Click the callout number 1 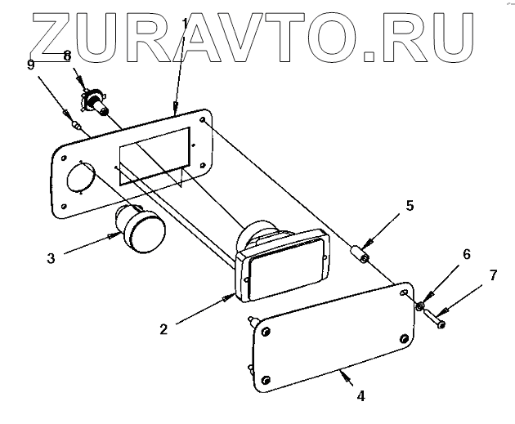[x=185, y=20]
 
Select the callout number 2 [x=163, y=329]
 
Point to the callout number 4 [x=360, y=396]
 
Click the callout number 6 [x=466, y=254]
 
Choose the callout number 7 [x=493, y=275]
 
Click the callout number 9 [x=31, y=65]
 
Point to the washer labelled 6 [x=419, y=307]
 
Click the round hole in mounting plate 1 [x=79, y=179]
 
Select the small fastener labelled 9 [x=75, y=125]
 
